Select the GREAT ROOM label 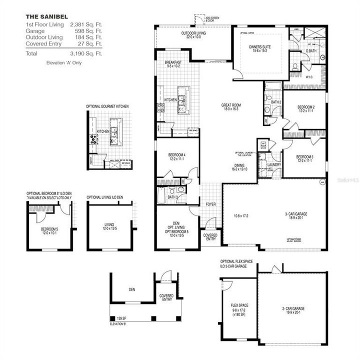tap(232, 105)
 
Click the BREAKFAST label tap(173, 63)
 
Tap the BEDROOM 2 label tap(305, 107)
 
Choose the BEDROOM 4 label tap(178, 155)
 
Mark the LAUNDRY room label tap(274, 164)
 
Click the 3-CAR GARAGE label tap(297, 213)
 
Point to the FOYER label tap(210, 204)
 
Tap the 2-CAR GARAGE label tap(291, 308)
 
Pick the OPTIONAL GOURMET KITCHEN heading tap(107, 106)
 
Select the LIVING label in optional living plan tap(109, 224)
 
